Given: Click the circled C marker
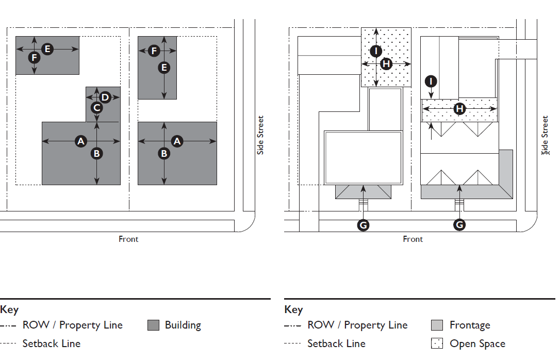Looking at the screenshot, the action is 96,108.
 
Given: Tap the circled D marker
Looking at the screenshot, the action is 105,97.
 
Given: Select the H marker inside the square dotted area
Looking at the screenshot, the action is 386,63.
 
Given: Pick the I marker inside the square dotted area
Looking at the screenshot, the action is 376,51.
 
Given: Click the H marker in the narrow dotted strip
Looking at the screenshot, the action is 459,109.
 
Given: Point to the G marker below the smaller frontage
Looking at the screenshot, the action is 363,225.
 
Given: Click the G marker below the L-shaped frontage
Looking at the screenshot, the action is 459,225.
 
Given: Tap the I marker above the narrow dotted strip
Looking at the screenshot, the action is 431,81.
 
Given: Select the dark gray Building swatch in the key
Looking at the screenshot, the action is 153,325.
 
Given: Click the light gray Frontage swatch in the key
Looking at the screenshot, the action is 437,325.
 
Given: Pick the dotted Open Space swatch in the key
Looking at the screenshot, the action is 437,343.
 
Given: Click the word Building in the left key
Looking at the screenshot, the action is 183,325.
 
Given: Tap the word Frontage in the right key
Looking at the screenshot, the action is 470,325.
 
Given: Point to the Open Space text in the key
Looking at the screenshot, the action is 477,343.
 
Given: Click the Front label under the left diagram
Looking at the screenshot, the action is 128,239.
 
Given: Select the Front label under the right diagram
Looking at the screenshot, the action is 413,239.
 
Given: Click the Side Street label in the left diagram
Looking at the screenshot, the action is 260,135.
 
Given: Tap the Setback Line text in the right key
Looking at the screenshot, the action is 336,343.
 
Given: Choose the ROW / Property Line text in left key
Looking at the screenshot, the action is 72,325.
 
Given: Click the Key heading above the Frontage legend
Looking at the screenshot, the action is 293,309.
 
